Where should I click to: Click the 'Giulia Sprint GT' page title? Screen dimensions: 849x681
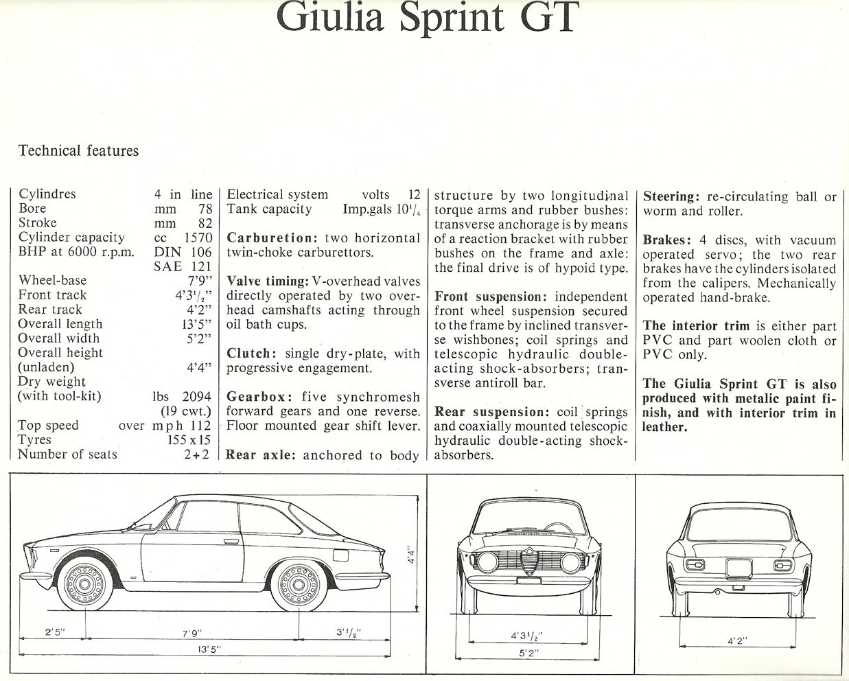click(428, 19)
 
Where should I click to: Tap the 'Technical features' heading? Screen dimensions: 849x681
click(78, 151)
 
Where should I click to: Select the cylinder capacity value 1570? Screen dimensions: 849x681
click(198, 238)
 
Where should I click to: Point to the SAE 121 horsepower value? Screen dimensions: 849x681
click(183, 267)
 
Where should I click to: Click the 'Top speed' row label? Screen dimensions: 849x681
click(48, 426)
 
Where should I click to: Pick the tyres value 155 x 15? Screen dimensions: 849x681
click(189, 440)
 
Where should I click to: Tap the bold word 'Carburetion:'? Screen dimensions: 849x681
click(272, 238)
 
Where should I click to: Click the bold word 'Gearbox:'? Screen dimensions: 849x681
click(260, 397)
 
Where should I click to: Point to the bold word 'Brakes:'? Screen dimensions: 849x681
click(667, 240)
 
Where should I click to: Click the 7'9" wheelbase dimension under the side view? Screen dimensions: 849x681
click(192, 633)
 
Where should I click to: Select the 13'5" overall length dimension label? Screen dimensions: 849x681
click(209, 649)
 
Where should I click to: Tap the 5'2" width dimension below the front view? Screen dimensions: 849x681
click(528, 654)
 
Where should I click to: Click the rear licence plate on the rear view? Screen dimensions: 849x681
click(738, 569)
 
